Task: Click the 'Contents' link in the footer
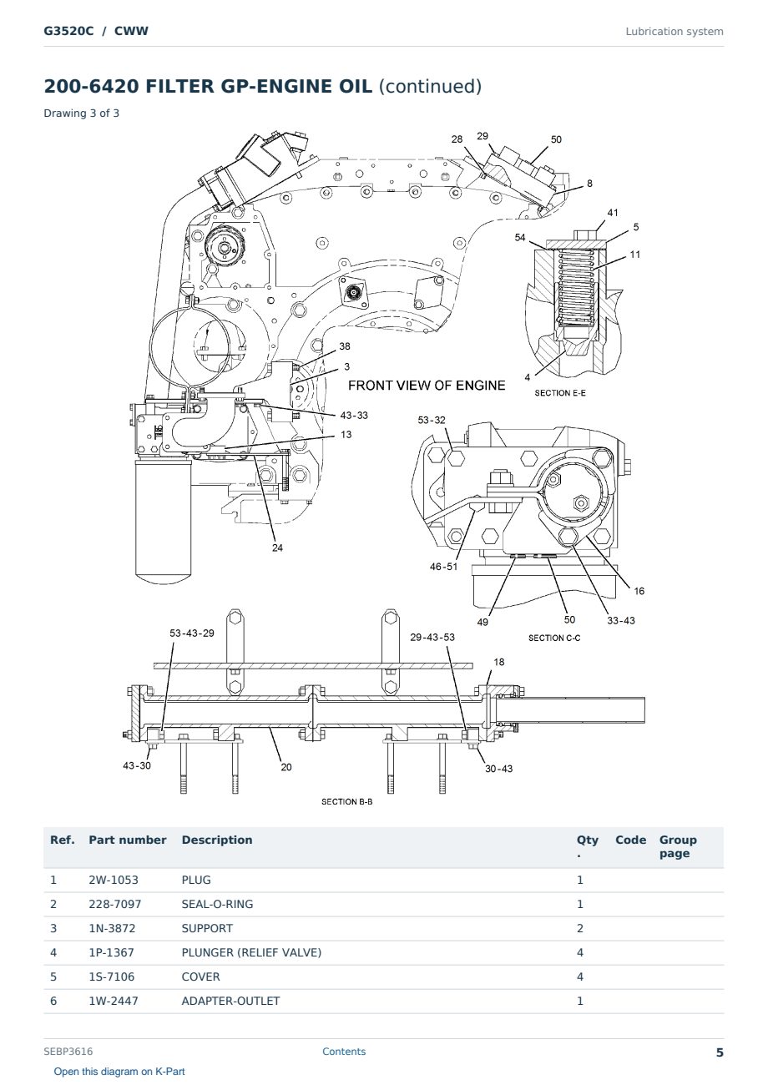344,1051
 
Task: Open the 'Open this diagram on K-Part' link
119,1071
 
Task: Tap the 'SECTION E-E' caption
559,393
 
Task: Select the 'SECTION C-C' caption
553,638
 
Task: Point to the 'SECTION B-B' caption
346,801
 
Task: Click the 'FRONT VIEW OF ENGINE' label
427,385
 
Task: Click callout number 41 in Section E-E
613,212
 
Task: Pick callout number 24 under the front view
277,548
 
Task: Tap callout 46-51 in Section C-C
443,566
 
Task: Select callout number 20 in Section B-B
285,767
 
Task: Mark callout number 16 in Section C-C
639,590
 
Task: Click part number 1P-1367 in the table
111,952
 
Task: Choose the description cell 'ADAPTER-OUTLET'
230,1001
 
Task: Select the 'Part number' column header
128,840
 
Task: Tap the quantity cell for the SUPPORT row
580,928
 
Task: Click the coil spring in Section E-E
576,287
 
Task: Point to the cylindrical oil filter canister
164,521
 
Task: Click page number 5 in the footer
720,1052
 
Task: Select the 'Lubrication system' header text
674,32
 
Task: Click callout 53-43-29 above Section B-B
191,633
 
